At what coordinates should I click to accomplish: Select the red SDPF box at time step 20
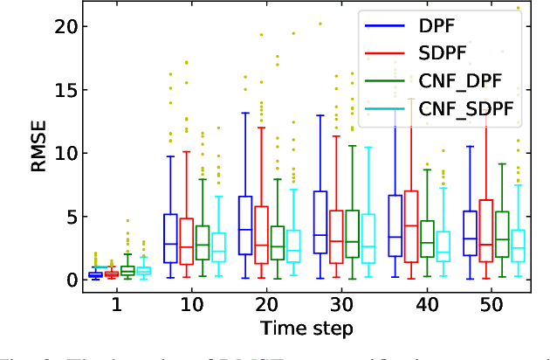(x=261, y=235)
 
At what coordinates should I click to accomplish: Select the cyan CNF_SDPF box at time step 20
(x=294, y=245)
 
